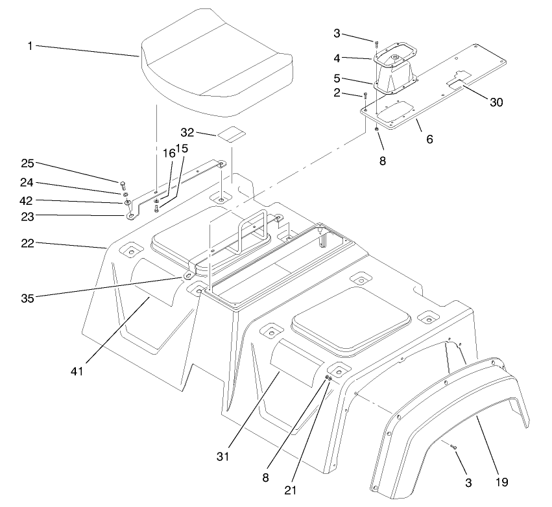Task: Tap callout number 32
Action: (187, 132)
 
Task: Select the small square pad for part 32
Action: (232, 134)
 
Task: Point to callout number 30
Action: (496, 102)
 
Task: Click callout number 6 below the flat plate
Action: (429, 139)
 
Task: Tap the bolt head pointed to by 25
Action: (123, 183)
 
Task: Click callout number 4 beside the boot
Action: (337, 58)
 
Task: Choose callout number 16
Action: (169, 154)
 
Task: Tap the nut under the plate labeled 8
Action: (377, 130)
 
